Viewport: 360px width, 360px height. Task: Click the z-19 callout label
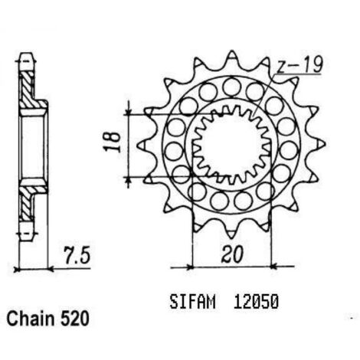(x=299, y=64)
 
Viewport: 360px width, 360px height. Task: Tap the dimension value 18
(x=112, y=142)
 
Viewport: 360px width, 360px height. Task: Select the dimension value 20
(x=232, y=254)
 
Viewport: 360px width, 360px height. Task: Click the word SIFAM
(x=192, y=302)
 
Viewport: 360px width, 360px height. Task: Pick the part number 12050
(x=256, y=302)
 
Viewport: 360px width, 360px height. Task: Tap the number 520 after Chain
(x=75, y=319)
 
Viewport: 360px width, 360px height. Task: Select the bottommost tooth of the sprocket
(x=232, y=233)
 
